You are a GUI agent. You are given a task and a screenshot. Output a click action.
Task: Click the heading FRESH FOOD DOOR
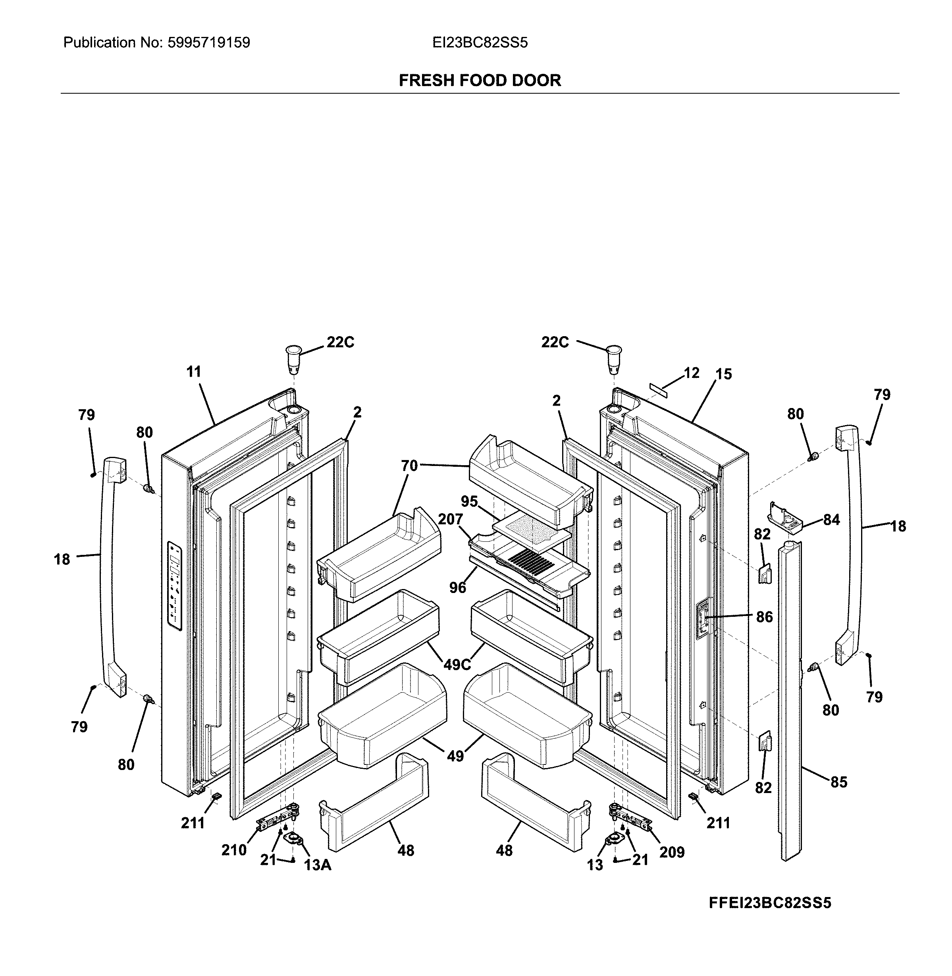[480, 81]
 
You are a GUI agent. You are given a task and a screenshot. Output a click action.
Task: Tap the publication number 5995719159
[208, 43]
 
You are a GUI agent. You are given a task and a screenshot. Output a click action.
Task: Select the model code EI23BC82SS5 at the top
[480, 43]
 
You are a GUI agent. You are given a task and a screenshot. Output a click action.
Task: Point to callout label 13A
[318, 864]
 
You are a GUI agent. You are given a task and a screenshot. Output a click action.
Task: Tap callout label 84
[831, 520]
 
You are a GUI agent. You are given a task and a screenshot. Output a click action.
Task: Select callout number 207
[450, 519]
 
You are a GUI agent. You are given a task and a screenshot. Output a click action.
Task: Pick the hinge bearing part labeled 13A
[295, 839]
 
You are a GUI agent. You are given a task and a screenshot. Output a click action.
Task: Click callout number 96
[457, 587]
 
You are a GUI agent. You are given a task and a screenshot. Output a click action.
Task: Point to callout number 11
[193, 372]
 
